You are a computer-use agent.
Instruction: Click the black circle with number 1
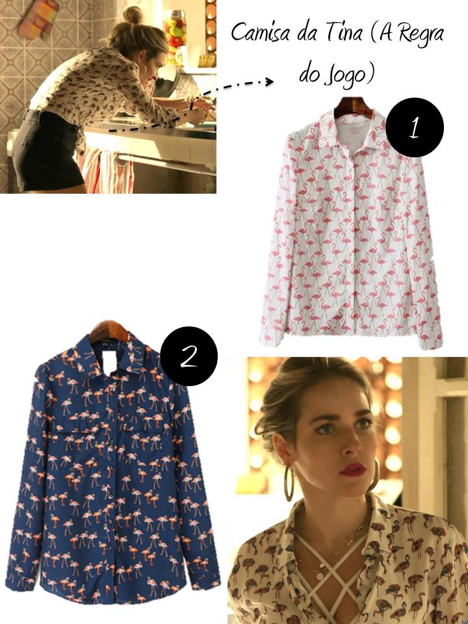tap(414, 127)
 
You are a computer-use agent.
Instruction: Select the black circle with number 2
tap(188, 356)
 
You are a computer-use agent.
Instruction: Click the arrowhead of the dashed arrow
tap(269, 82)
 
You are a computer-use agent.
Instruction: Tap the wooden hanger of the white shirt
tap(354, 107)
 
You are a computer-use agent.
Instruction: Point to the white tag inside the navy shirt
tap(109, 361)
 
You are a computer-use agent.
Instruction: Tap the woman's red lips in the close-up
tap(352, 469)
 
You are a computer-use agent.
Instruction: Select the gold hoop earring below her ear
tap(289, 484)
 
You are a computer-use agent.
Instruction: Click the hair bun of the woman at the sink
tap(133, 15)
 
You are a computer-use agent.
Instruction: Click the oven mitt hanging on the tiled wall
tap(39, 19)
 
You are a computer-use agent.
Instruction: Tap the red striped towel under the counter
tap(105, 170)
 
